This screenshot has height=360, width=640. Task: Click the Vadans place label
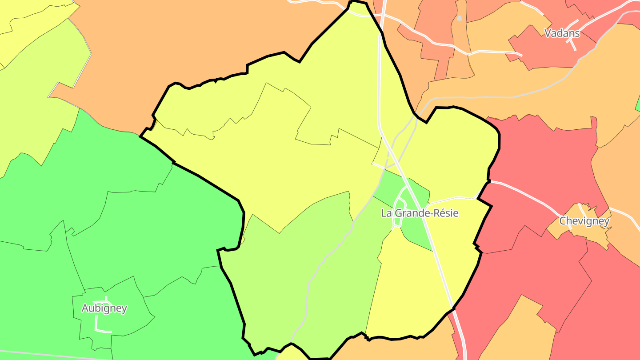[x=562, y=33]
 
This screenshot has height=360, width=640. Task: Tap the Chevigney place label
[x=584, y=221]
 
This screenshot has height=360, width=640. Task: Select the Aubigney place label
[x=104, y=308]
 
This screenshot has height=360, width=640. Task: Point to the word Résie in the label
[x=446, y=213]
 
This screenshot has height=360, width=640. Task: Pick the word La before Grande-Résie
[x=387, y=213]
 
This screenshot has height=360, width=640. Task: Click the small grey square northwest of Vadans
[x=459, y=18]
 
